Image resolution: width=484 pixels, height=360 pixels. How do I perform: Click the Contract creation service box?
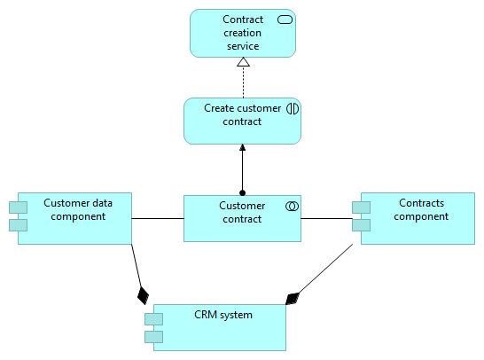tap(242, 34)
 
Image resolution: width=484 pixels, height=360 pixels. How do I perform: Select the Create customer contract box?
tap(242, 121)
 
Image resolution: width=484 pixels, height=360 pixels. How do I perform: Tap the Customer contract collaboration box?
tap(242, 218)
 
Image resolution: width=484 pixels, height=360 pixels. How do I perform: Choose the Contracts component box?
tap(417, 217)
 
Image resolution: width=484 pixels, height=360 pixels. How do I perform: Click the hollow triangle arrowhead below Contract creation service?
tap(243, 63)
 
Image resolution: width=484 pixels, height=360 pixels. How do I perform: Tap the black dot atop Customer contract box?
tap(242, 192)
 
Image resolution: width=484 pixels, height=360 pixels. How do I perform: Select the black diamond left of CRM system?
tap(140, 294)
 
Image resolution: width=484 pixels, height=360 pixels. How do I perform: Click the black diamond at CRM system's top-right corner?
tap(293, 298)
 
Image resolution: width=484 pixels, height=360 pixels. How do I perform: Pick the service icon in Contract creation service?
tap(285, 20)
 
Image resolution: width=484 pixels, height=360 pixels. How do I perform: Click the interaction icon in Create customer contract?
tap(292, 108)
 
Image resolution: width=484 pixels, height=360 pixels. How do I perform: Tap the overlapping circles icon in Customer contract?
tap(291, 206)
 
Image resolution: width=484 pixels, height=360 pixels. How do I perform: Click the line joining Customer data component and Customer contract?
tap(158, 218)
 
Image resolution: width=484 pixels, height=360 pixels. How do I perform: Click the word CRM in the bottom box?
tap(207, 314)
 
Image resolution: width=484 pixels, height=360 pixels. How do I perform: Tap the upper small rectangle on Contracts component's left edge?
tap(360, 208)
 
